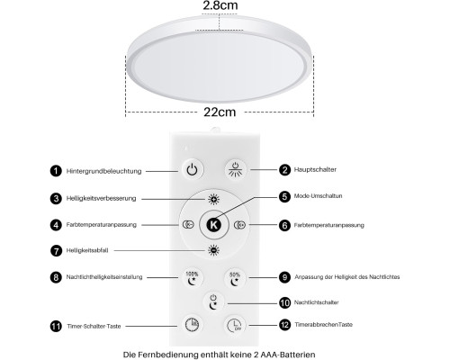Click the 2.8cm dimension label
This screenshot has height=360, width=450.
(220, 5)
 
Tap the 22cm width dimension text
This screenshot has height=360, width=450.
(220, 112)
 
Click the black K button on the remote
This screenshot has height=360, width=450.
(214, 225)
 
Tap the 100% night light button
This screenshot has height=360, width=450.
(192, 278)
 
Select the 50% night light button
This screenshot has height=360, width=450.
(235, 278)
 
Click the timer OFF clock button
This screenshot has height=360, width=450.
(234, 325)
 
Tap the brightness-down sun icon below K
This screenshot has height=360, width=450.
(213, 250)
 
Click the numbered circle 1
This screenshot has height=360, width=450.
(56, 171)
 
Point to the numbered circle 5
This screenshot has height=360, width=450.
(284, 196)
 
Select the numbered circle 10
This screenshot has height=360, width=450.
(284, 302)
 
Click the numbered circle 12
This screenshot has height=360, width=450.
(284, 325)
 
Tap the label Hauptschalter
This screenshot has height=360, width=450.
(315, 169)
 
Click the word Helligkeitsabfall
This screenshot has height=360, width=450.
(87, 250)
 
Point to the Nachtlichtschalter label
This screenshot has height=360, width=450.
(316, 302)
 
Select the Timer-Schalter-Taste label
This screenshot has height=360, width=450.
(94, 326)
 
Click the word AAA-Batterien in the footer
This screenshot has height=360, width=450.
(288, 355)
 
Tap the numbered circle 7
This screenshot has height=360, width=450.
(56, 251)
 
